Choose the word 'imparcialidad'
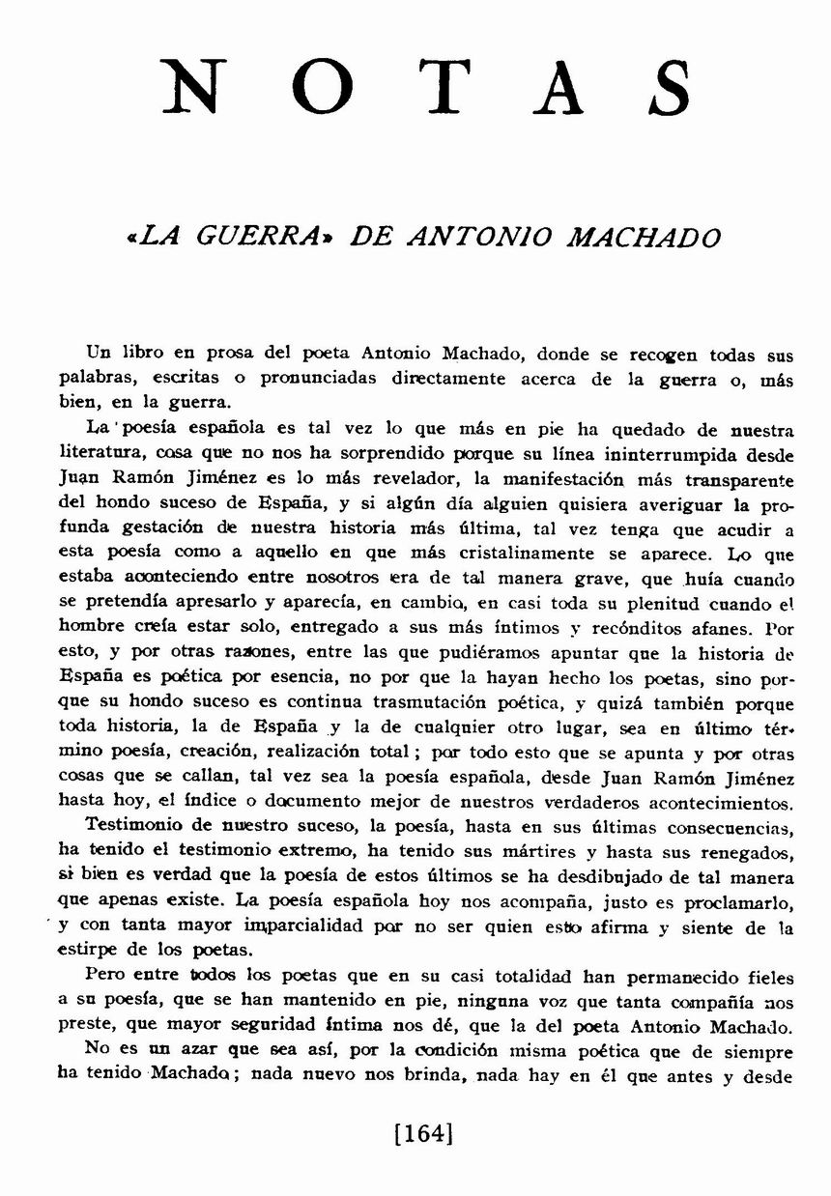[x=306, y=926]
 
